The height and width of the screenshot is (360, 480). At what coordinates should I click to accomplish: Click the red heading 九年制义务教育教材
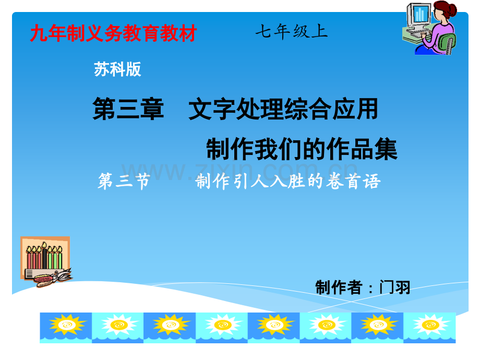click(x=113, y=33)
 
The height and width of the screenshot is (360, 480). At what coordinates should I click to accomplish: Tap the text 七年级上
click(x=292, y=31)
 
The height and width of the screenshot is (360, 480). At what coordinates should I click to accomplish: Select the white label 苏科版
click(x=117, y=69)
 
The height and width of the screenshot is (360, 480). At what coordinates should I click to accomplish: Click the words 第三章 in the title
click(x=128, y=109)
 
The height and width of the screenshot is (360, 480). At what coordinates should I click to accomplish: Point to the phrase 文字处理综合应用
click(x=283, y=109)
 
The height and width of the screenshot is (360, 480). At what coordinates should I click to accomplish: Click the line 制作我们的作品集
click(x=302, y=149)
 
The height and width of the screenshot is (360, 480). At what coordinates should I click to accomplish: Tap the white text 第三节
click(x=124, y=181)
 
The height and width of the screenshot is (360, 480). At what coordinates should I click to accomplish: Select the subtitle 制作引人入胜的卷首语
click(x=288, y=181)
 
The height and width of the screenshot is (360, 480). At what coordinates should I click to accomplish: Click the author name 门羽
click(x=394, y=287)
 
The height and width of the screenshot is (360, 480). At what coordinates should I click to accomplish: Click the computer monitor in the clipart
click(x=419, y=15)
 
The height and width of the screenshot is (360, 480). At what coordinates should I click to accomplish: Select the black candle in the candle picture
click(x=45, y=258)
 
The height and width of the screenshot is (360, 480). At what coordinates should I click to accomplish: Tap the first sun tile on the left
click(x=66, y=328)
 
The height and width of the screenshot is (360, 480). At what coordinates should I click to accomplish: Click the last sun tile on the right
click(x=429, y=328)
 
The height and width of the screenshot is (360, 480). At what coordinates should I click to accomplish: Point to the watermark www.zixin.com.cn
click(x=239, y=170)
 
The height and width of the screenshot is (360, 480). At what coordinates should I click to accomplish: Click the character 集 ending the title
click(x=386, y=149)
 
